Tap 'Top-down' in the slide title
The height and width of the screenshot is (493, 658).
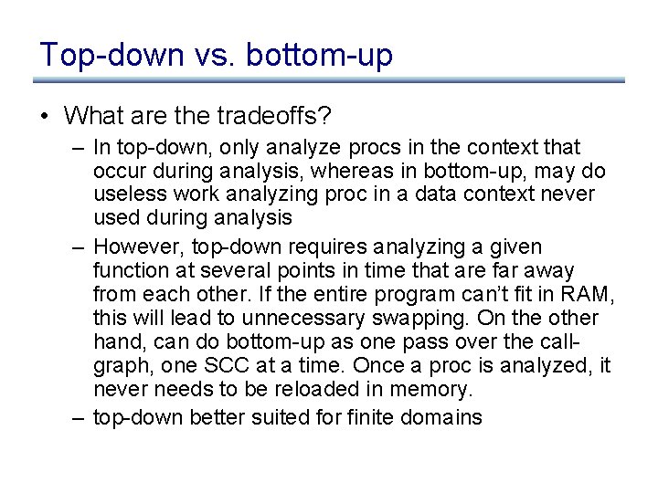point(112,55)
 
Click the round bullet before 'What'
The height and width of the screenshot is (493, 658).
point(44,117)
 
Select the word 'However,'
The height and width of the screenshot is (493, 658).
point(134,247)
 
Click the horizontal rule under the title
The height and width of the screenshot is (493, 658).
point(329,80)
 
